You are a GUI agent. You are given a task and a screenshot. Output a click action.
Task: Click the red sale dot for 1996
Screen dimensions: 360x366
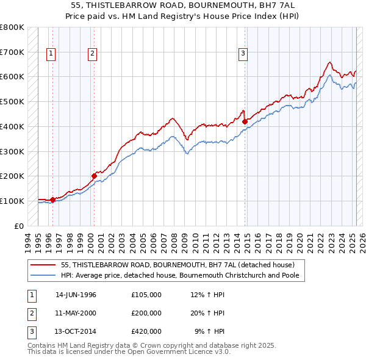[x=53, y=200]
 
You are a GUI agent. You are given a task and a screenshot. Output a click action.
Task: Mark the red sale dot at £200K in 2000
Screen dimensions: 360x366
[x=94, y=176]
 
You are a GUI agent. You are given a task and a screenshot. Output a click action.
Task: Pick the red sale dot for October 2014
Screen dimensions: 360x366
[x=245, y=121]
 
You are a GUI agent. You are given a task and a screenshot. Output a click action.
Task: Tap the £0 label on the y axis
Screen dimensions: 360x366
[x=19, y=226]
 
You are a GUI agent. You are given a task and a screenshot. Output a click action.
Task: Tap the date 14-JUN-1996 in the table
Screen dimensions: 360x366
[x=76, y=295]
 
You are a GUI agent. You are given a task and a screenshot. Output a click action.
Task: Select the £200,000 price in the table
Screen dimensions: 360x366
[x=146, y=313]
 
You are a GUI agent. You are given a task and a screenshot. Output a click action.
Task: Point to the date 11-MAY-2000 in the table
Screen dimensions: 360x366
[x=76, y=313]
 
